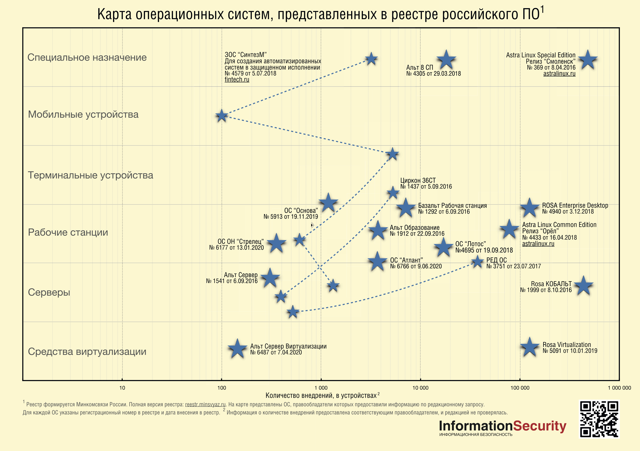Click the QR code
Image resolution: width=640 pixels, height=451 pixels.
click(x=599, y=419)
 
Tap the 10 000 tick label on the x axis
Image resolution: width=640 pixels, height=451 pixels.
click(x=420, y=388)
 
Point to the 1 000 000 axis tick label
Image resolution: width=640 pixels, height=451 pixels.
click(x=619, y=388)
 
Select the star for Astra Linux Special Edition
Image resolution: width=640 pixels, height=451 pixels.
click(x=588, y=60)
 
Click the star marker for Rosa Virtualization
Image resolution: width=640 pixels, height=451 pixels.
click(x=529, y=347)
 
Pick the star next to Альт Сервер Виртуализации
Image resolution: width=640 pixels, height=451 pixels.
click(x=237, y=349)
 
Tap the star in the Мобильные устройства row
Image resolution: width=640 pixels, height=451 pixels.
click(x=222, y=116)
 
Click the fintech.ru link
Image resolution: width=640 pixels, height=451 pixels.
click(x=237, y=80)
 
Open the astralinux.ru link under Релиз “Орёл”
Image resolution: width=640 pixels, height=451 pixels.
click(x=538, y=244)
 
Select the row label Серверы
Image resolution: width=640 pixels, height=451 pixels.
click(x=49, y=292)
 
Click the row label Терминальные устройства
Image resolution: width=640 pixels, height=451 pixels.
click(x=91, y=175)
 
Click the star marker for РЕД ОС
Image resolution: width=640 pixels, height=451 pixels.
click(x=477, y=262)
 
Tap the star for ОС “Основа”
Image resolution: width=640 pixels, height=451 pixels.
click(x=328, y=203)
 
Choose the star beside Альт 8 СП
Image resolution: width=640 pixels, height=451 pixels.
click(x=446, y=60)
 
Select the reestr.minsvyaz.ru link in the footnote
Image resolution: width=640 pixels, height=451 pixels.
click(x=205, y=404)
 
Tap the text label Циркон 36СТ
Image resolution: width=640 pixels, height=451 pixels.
click(x=418, y=181)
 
